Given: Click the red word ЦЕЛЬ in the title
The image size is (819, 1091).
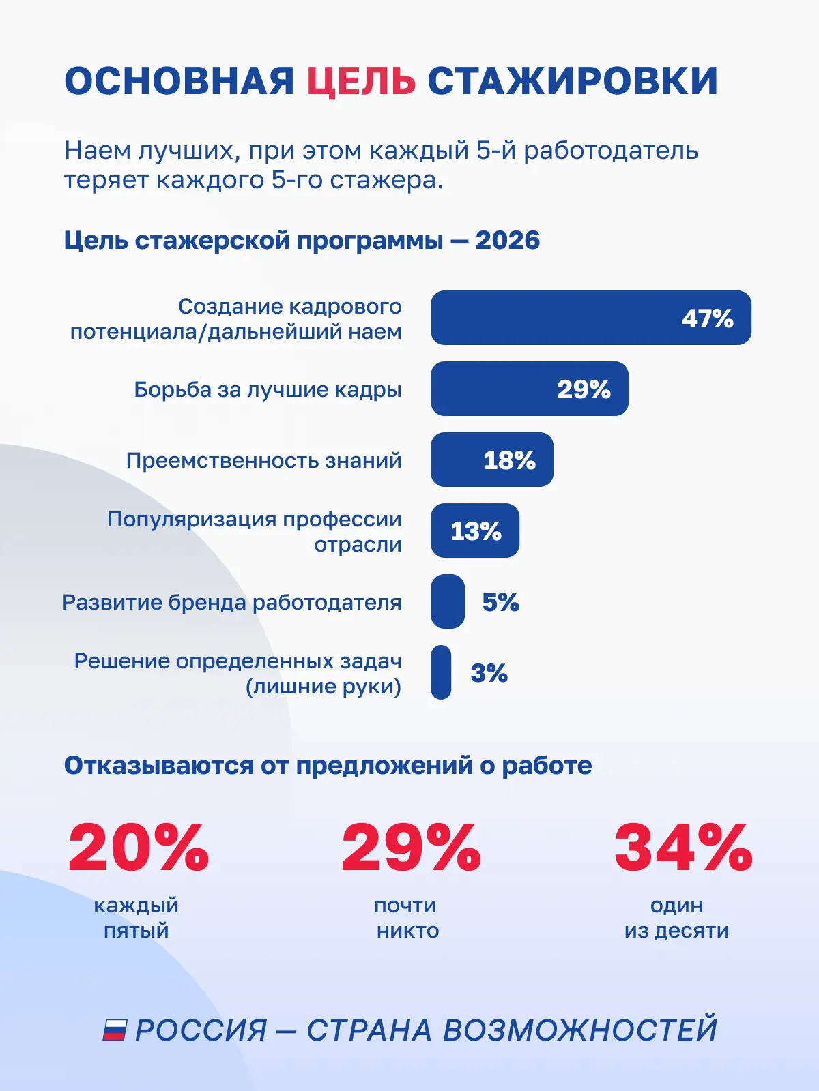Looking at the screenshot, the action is [x=361, y=81].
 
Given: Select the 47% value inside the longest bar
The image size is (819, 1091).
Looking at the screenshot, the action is [x=707, y=318].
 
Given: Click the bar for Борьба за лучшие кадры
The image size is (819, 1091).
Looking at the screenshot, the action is [x=529, y=389].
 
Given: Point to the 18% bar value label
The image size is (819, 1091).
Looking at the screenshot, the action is [x=510, y=460].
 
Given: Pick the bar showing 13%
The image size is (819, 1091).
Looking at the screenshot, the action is [x=475, y=530].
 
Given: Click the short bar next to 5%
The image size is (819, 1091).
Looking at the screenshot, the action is [x=448, y=601].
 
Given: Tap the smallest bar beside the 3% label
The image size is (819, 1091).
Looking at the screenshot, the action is [x=441, y=672].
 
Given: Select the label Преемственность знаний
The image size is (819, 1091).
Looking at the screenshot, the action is [x=263, y=460].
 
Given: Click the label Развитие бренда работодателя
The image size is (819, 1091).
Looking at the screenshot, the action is [x=232, y=602].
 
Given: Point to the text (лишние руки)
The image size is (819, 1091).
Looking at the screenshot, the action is [x=324, y=687].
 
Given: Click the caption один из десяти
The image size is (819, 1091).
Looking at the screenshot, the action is [x=677, y=918].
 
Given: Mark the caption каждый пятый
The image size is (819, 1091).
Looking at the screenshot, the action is [x=136, y=918].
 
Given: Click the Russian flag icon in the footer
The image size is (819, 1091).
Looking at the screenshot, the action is [x=115, y=1030].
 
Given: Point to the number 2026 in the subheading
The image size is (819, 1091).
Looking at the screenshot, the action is [x=507, y=241].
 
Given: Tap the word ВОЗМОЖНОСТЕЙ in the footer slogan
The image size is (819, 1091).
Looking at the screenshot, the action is [x=580, y=1030].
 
